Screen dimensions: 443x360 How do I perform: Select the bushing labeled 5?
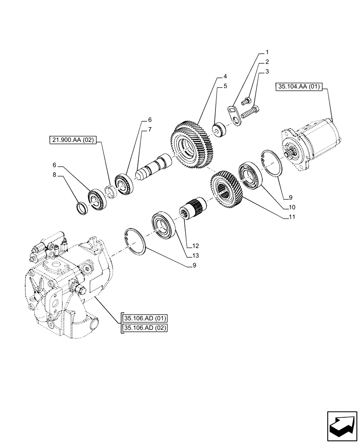coord(219,131)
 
